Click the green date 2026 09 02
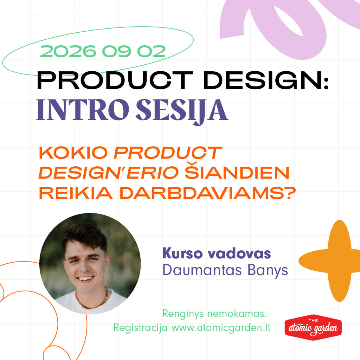point(103,51)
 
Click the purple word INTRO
point(83,110)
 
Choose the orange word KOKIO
point(73,153)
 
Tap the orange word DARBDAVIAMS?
point(207,193)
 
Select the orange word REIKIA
point(76,193)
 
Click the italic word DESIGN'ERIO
point(109,173)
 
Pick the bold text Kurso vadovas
point(217,253)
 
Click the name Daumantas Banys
point(225,270)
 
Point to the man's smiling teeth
point(85,279)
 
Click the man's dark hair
point(85,235)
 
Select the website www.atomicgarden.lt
point(221,328)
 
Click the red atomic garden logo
point(313,327)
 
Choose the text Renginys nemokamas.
point(214,314)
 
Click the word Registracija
point(140,328)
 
